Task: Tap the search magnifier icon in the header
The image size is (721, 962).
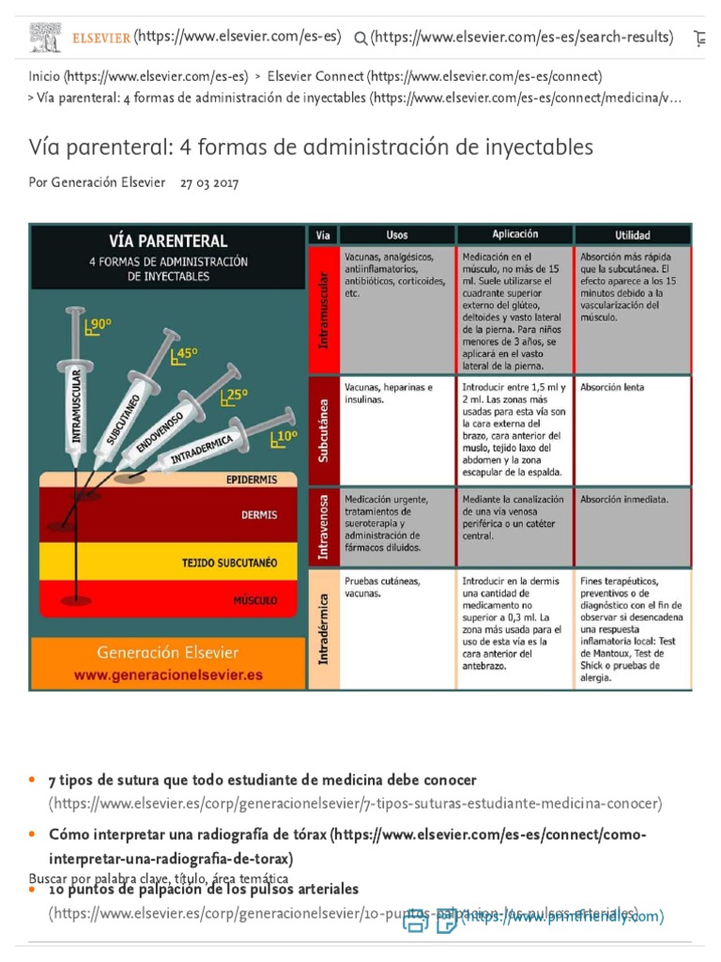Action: tap(360, 39)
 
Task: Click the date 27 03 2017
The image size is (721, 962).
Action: tap(209, 182)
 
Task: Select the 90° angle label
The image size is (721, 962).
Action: tap(99, 325)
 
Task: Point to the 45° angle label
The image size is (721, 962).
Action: tap(185, 354)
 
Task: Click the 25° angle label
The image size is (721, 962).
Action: tap(235, 396)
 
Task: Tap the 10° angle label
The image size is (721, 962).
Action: tap(284, 436)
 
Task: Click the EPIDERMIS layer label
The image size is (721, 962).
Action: tap(252, 479)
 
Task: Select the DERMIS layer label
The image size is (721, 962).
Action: tap(259, 515)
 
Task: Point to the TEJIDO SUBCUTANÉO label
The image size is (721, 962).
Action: tap(229, 564)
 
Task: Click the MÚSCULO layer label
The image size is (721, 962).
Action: tap(255, 598)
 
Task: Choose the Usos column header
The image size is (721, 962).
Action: tap(397, 235)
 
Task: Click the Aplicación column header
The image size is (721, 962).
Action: tap(514, 234)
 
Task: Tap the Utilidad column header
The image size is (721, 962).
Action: tap(632, 235)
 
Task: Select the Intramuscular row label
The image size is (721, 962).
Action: tap(323, 310)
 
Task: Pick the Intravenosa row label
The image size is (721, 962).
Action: tap(323, 527)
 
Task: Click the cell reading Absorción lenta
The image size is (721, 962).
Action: tap(612, 387)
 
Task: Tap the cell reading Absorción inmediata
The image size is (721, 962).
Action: tap(624, 500)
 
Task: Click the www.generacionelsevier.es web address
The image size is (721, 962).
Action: tap(168, 675)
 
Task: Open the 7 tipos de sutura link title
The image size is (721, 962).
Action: tap(263, 781)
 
